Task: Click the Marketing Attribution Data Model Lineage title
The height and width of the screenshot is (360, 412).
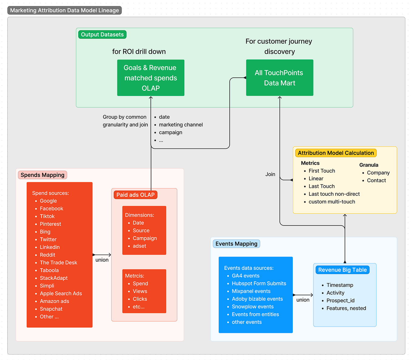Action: click(x=64, y=10)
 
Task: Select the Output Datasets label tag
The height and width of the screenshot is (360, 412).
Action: click(x=102, y=35)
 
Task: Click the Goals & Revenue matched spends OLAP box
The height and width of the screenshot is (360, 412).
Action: click(x=151, y=78)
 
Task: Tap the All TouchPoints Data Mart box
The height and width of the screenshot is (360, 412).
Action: click(x=279, y=78)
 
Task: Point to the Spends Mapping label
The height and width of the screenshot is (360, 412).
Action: click(x=42, y=175)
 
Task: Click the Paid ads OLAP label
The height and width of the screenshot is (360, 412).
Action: click(x=135, y=195)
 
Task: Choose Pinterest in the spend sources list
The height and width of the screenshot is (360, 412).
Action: click(x=50, y=224)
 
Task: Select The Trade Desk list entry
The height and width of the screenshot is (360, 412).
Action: click(x=59, y=263)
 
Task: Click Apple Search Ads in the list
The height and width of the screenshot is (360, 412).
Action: click(x=61, y=294)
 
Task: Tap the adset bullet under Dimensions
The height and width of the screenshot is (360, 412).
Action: click(x=139, y=246)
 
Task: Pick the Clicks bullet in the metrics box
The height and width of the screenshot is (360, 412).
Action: click(x=140, y=299)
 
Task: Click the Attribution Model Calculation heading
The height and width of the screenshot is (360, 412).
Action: click(x=336, y=153)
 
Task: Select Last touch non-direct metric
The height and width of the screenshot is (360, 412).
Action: click(x=334, y=194)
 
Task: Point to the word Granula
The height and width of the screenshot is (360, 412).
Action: click(x=369, y=165)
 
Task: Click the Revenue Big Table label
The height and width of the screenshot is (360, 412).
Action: click(x=342, y=270)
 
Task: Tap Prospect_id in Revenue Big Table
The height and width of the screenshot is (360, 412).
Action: click(x=340, y=301)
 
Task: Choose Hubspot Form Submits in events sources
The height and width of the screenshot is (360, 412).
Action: click(x=259, y=284)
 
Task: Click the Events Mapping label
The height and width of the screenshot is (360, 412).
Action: click(x=236, y=244)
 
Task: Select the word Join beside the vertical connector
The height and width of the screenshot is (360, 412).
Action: click(x=270, y=174)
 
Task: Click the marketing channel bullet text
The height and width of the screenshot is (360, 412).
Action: click(x=181, y=125)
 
